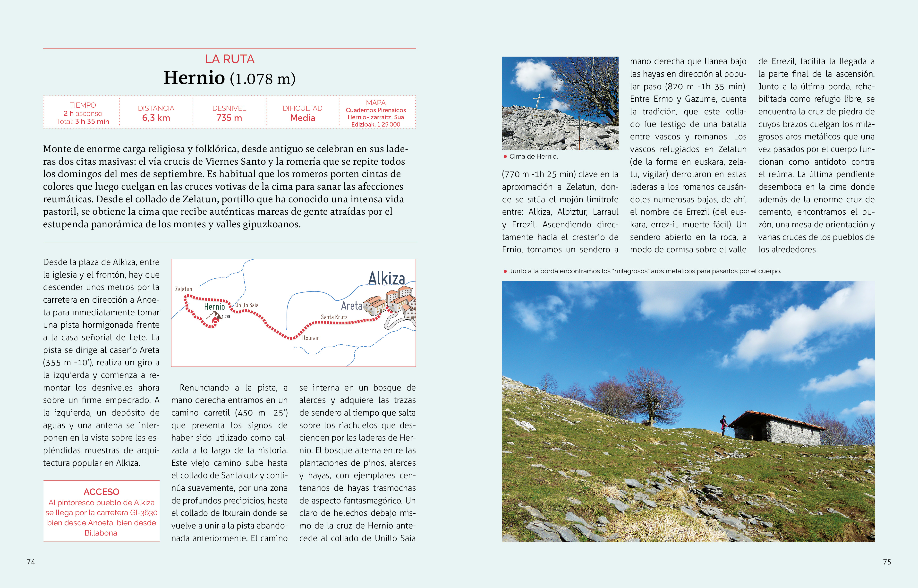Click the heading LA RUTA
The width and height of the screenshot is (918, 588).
[x=229, y=59]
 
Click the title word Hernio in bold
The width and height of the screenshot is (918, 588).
[x=194, y=78]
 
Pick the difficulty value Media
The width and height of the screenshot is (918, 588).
[x=302, y=118]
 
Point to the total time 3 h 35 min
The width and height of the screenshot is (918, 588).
[x=92, y=121]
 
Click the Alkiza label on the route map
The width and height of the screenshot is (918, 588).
[x=386, y=278]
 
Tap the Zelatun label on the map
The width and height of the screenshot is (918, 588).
[x=184, y=289]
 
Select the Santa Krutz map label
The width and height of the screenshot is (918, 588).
[x=334, y=317]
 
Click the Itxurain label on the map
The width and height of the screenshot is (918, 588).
[x=311, y=338]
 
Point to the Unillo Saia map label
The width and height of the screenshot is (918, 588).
[x=246, y=305]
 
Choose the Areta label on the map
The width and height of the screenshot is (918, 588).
[x=351, y=306]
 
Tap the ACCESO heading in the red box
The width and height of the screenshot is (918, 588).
[x=101, y=492]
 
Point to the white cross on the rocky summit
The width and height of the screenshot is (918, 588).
[x=539, y=100]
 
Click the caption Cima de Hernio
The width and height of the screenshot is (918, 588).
[x=533, y=157]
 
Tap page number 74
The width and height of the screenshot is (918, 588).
[x=31, y=562]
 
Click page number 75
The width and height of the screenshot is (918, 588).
[x=887, y=562]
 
